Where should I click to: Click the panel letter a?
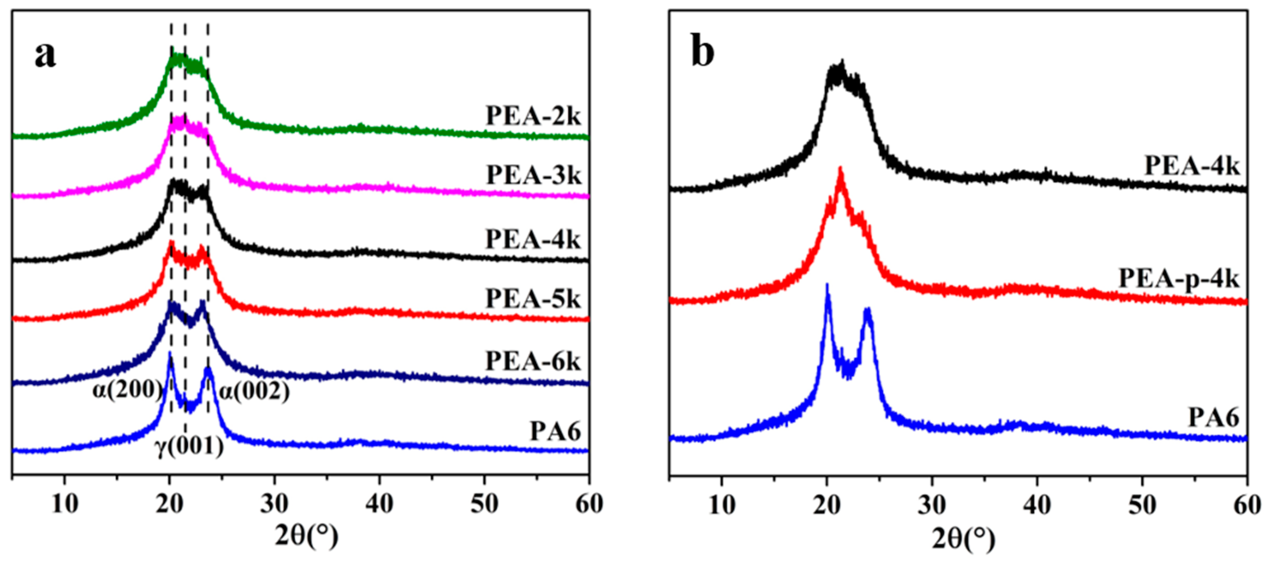tap(45, 55)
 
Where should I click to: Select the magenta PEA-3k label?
tap(533, 175)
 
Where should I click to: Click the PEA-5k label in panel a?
tap(533, 299)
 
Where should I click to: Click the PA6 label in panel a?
tap(555, 432)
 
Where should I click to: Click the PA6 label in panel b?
tap(1213, 418)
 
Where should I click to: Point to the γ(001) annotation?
tap(190, 448)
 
